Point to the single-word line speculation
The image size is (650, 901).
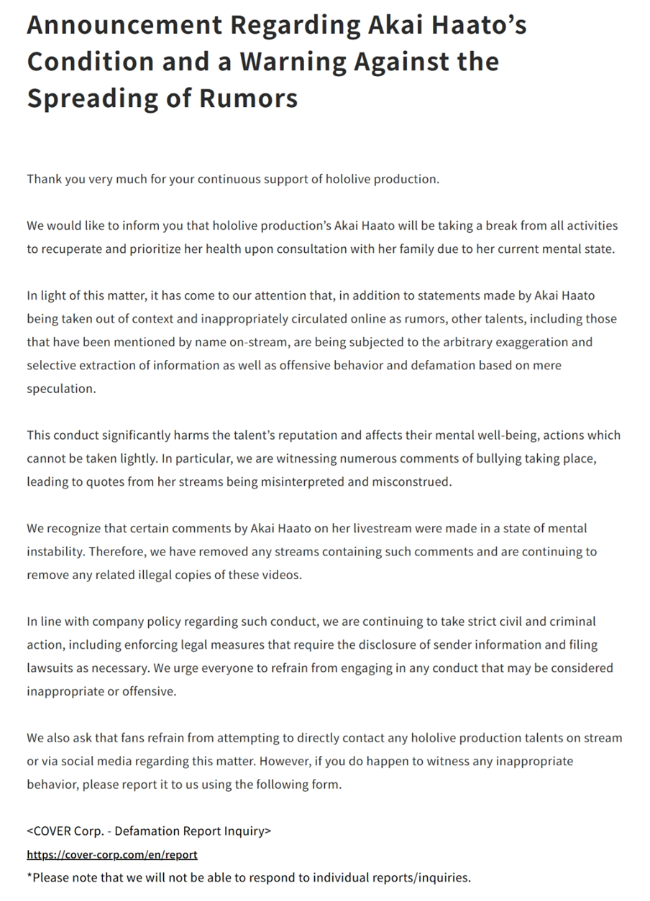pyautogui.click(x=60, y=389)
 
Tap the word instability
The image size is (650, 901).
pyautogui.click(x=56, y=552)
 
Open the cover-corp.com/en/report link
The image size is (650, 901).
pyautogui.click(x=112, y=854)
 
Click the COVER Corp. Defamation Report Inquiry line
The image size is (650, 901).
pyautogui.click(x=149, y=831)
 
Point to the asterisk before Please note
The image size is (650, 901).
pyautogui.click(x=30, y=876)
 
